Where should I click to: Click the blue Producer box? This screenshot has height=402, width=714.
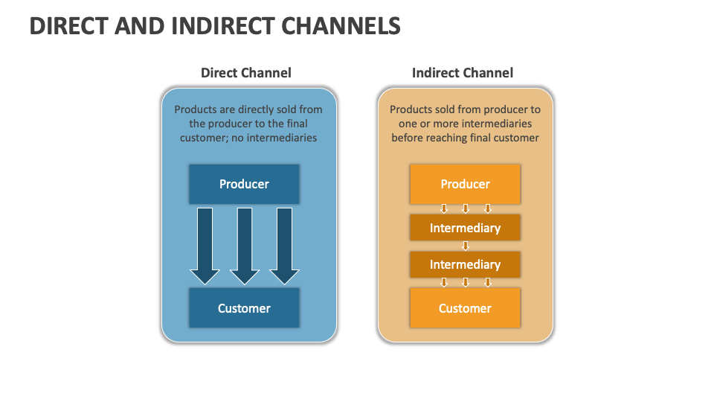tap(244, 184)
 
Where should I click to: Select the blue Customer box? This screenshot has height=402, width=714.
tap(244, 308)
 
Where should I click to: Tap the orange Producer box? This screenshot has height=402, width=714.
tap(465, 184)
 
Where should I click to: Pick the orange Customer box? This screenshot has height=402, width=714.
tap(465, 308)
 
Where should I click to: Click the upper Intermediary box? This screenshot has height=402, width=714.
tap(465, 228)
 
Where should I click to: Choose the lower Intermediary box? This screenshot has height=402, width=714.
tap(465, 264)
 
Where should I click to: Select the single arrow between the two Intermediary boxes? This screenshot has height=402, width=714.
tap(466, 246)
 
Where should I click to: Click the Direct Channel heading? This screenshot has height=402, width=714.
tap(246, 73)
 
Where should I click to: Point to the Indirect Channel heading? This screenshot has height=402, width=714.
tap(463, 73)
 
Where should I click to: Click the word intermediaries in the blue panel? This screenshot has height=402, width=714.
tap(280, 138)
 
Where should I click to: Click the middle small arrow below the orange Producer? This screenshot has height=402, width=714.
tap(466, 208)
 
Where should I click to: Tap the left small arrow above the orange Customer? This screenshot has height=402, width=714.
tap(443, 282)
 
